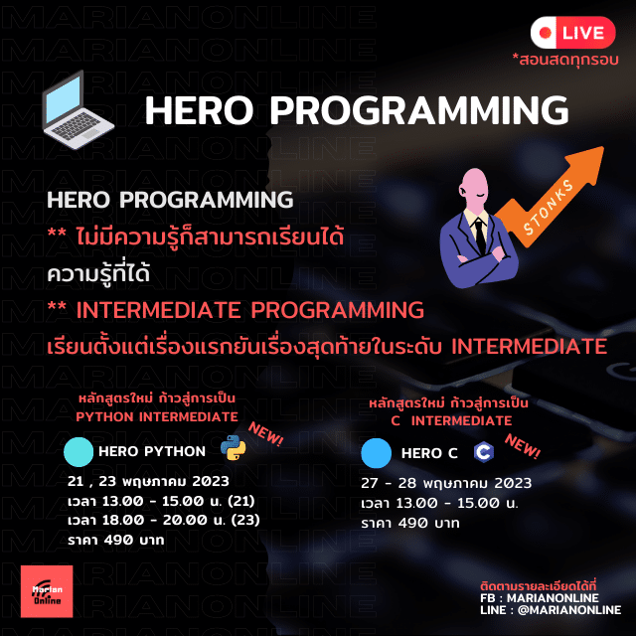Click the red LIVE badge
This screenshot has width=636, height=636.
(572, 33)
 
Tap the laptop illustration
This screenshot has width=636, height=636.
(78, 110)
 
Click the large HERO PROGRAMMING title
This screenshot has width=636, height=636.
(357, 110)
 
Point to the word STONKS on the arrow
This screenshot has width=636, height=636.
(549, 208)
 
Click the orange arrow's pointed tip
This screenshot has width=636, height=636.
(603, 148)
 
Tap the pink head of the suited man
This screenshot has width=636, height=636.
(474, 189)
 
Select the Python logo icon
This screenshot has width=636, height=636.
(234, 448)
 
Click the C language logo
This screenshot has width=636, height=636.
(484, 452)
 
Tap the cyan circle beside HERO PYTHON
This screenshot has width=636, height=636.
(79, 452)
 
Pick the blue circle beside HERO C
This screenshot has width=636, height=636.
(376, 453)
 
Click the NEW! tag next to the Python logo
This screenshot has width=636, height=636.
(265, 433)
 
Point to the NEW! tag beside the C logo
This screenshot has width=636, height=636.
(522, 446)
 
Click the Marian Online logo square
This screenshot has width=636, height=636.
(47, 591)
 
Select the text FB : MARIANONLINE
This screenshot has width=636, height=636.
(539, 598)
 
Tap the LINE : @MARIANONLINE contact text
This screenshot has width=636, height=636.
(551, 610)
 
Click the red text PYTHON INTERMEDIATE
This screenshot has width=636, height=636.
(157, 417)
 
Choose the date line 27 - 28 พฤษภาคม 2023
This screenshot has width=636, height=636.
(446, 483)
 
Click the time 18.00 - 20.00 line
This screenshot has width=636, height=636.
(163, 520)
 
